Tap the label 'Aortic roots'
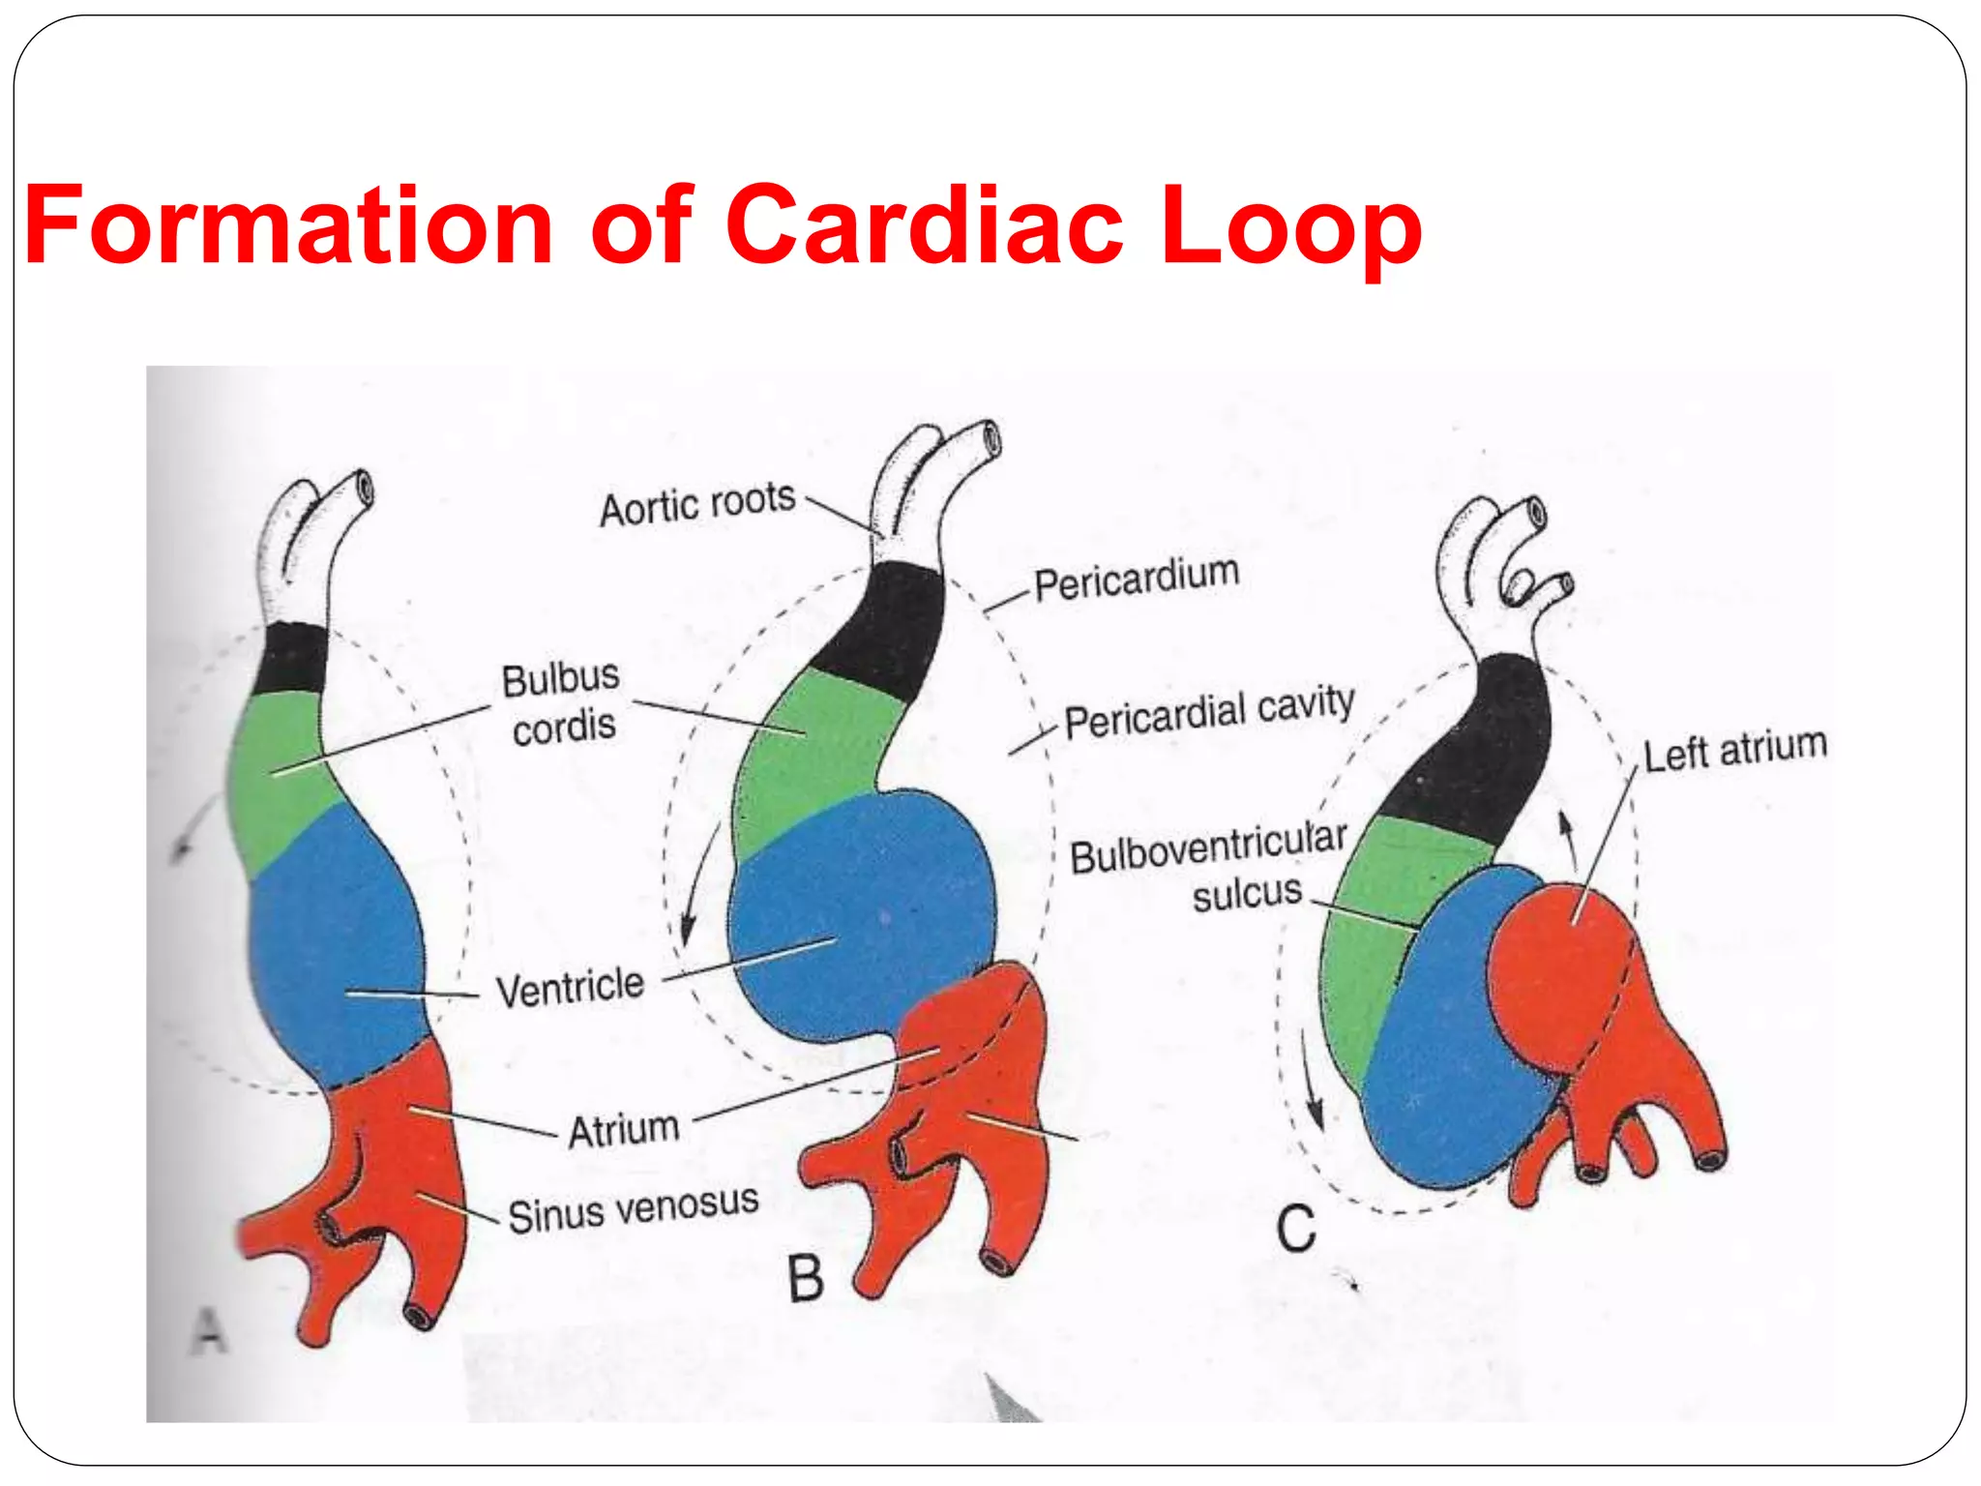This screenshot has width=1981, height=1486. pyautogui.click(x=697, y=504)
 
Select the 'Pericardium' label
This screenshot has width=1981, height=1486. pyautogui.click(x=1137, y=579)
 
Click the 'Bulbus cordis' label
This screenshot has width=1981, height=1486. pyautogui.click(x=562, y=702)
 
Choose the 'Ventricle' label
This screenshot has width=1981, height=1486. pyautogui.click(x=570, y=988)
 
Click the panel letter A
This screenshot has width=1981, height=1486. pyautogui.click(x=209, y=1330)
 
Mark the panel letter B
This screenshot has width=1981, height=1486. pyautogui.click(x=805, y=1278)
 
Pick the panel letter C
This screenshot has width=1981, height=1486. pyautogui.click(x=1295, y=1229)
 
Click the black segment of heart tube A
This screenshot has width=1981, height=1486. pyautogui.click(x=293, y=658)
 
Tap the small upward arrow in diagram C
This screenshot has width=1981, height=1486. pyautogui.click(x=1567, y=840)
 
